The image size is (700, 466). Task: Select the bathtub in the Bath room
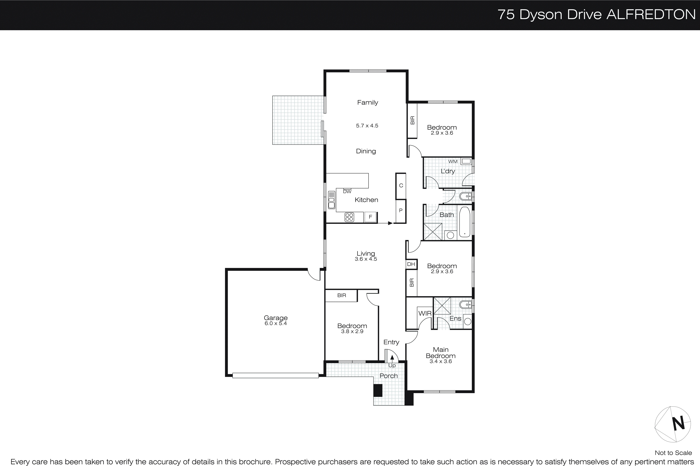click(x=465, y=222)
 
